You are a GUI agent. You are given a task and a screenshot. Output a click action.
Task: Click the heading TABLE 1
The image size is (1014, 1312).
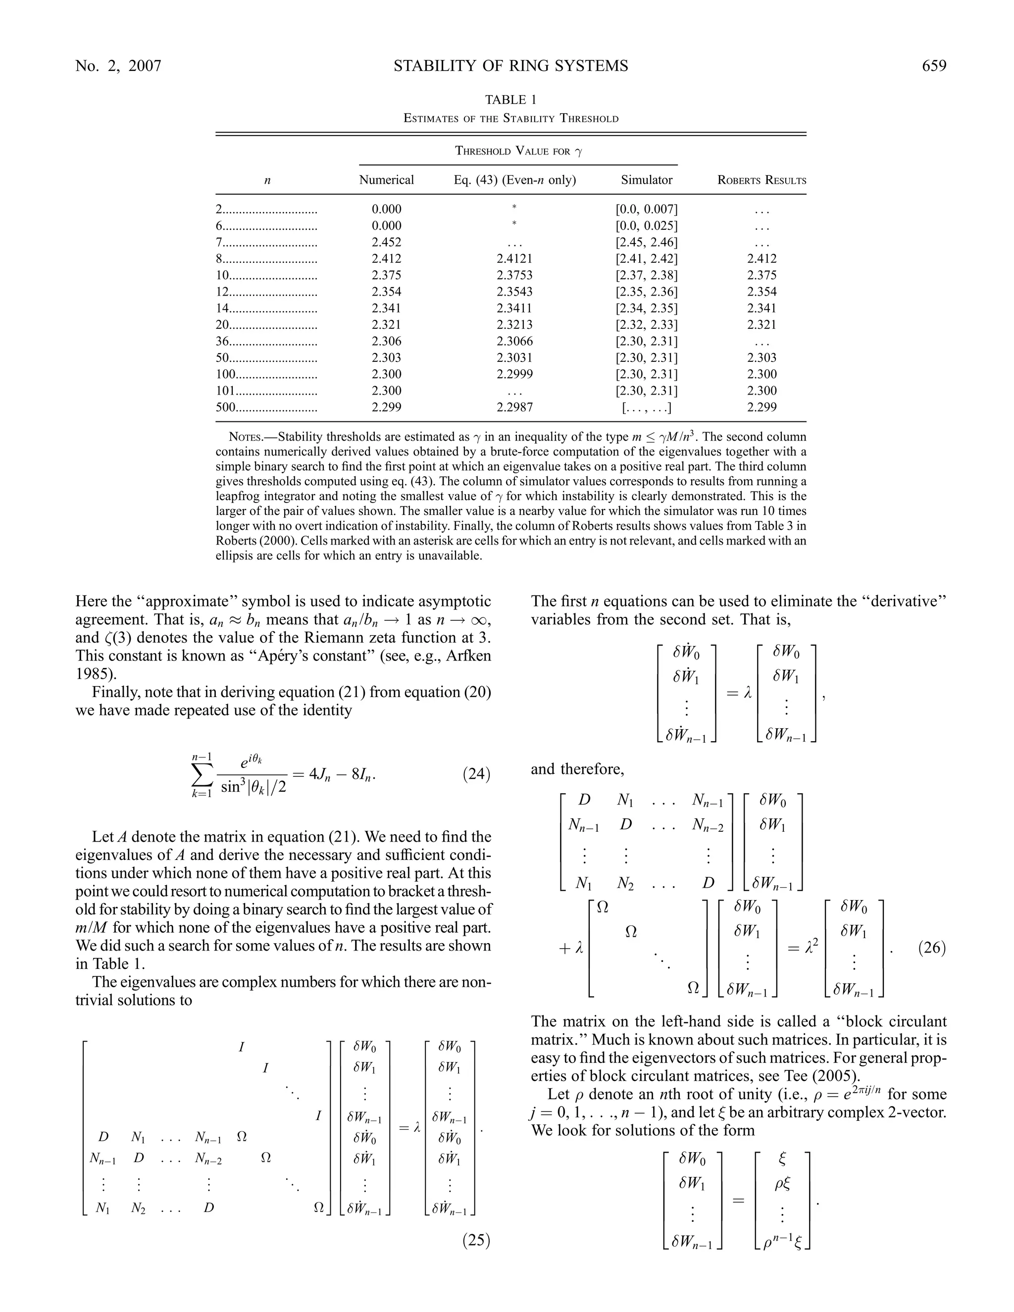pos(510,100)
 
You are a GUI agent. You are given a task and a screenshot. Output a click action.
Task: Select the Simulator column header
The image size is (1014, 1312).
pos(646,180)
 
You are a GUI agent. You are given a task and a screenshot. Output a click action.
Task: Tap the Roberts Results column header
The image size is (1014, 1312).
pos(761,180)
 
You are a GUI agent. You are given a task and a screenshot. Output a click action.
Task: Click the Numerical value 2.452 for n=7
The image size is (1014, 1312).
pos(386,243)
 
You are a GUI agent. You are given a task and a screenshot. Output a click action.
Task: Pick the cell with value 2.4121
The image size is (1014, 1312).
pos(514,259)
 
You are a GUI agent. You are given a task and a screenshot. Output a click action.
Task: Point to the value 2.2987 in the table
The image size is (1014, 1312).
pos(514,407)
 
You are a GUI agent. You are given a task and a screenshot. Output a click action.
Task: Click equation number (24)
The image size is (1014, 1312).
pos(476,774)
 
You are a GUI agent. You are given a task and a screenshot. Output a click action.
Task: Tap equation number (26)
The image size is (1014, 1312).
pos(932,949)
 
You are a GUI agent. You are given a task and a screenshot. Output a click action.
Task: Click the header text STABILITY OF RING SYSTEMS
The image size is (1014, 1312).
pos(510,66)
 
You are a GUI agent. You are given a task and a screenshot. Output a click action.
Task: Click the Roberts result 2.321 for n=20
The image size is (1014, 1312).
pos(761,325)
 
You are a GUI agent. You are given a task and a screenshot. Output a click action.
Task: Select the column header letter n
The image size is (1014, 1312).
pos(267,180)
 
